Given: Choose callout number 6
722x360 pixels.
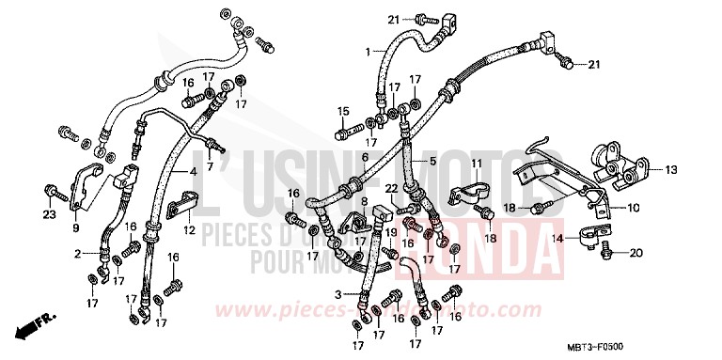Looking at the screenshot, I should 365,157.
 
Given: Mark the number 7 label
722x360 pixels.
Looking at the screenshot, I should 209,166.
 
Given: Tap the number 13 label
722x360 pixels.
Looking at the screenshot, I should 671,169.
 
